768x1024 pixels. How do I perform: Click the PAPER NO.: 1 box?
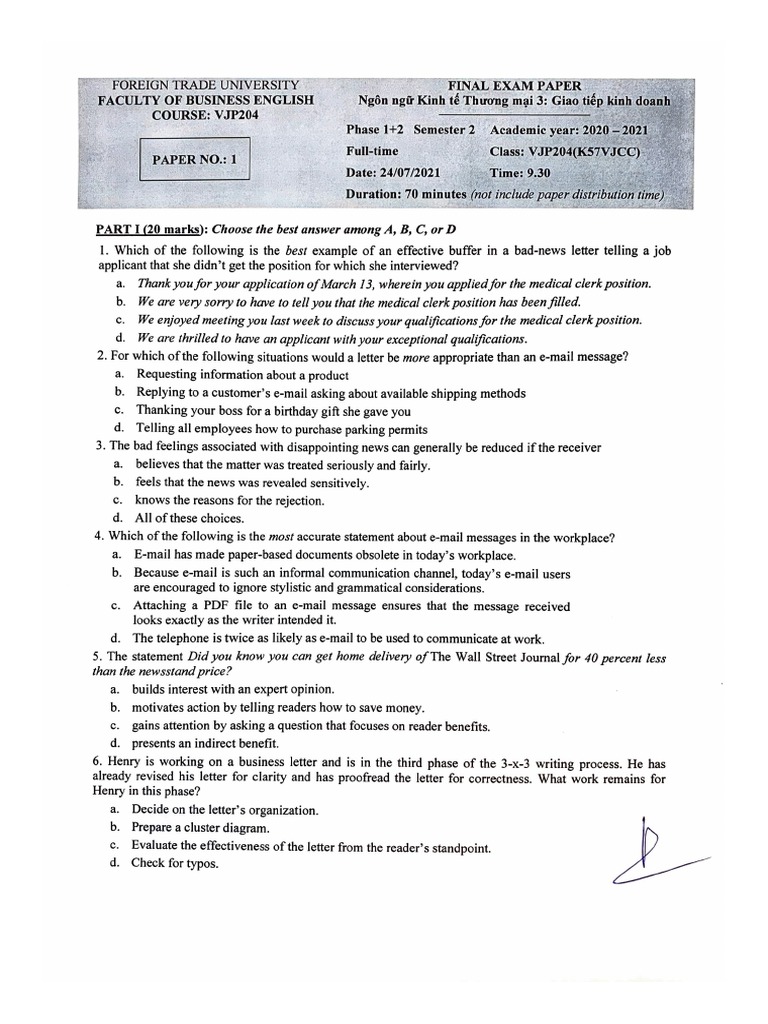click(x=194, y=159)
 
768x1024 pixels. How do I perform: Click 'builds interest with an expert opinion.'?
click(x=235, y=689)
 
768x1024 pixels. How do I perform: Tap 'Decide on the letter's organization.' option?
click(x=227, y=810)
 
